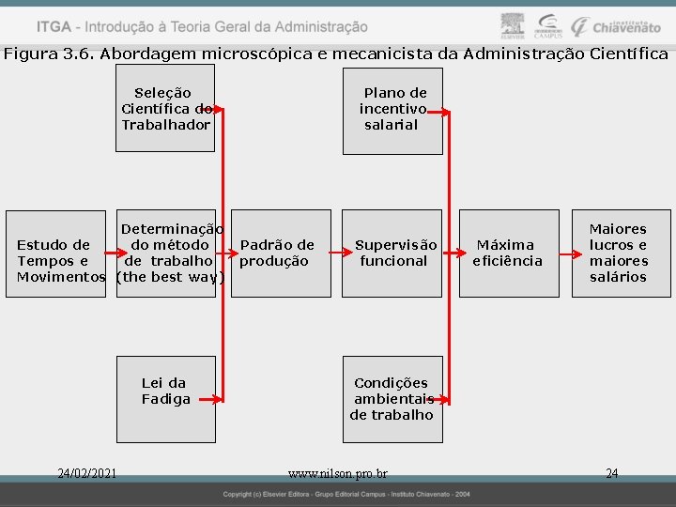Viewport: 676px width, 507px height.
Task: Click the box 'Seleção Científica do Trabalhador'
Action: coord(165,109)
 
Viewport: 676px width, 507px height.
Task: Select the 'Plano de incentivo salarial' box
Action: coord(392,109)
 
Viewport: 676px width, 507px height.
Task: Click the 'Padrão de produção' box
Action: coord(280,253)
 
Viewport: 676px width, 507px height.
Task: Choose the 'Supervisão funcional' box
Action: coord(392,253)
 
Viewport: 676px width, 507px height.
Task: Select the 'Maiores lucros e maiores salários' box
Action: coord(619,253)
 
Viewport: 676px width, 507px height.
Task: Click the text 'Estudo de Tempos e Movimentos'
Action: coord(60,261)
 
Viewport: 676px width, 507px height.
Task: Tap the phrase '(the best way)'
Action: coord(170,277)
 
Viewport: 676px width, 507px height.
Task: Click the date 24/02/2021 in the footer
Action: coord(86,473)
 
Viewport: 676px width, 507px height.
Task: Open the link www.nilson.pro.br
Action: coord(338,474)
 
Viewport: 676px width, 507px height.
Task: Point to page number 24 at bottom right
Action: coord(612,473)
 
